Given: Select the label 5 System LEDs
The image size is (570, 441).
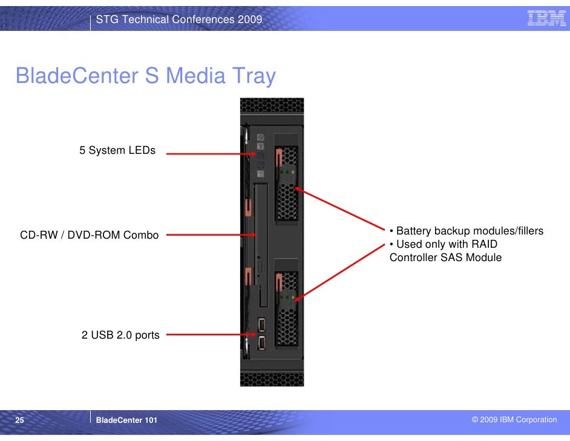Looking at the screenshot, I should pos(117,150).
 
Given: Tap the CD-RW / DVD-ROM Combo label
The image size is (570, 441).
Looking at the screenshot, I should pos(90,235).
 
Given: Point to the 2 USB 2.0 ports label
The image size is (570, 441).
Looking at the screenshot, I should pos(120,335).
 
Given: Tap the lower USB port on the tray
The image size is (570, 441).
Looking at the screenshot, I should pos(261,343).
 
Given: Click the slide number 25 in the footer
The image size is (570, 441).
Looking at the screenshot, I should pos(19,420).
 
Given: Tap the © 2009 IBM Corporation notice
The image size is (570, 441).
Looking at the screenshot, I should pos(514,420).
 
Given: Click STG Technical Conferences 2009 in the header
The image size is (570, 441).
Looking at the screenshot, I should pos(179,20).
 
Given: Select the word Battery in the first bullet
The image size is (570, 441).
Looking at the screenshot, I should pos(414,231).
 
